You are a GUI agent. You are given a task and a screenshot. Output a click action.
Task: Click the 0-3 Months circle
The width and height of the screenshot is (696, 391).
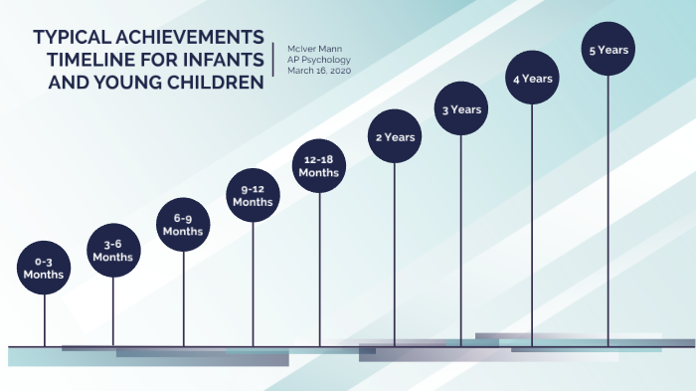[x=44, y=268]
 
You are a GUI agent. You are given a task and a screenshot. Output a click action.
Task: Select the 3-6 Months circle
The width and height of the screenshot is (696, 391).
[x=112, y=250]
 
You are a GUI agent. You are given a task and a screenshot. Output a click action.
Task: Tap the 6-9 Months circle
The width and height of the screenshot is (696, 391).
[x=183, y=224]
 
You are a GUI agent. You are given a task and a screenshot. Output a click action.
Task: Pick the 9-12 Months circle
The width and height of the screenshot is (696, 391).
[x=253, y=196]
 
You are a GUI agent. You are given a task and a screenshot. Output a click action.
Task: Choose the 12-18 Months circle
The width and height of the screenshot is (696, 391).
[x=319, y=165]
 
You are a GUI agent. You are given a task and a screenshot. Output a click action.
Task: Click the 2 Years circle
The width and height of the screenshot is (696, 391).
[x=395, y=136]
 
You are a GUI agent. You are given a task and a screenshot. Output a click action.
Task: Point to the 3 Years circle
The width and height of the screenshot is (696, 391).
[x=461, y=108]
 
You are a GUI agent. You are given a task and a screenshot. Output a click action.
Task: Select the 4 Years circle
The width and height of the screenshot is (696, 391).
[x=532, y=78]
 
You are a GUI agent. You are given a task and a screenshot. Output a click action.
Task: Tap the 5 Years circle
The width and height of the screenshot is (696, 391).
[x=608, y=49]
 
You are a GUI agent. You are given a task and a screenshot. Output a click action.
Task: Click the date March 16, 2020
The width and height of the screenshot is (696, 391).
[x=318, y=72]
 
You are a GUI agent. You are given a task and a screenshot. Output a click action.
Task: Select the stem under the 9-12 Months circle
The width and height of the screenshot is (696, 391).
[x=253, y=284]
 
